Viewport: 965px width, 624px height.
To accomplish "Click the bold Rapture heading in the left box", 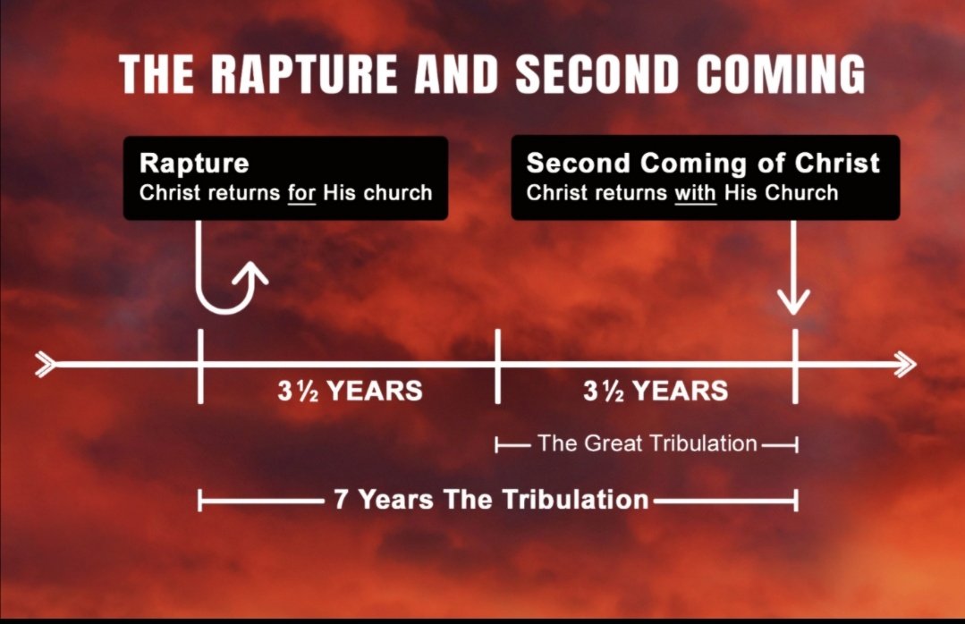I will pyautogui.click(x=194, y=164).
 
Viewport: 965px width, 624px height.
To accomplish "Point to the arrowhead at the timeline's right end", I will pyautogui.click(x=903, y=364).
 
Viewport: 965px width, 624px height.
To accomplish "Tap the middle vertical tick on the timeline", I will pyautogui.click(x=497, y=366).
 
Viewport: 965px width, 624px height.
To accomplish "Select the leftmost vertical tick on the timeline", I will pyautogui.click(x=199, y=366).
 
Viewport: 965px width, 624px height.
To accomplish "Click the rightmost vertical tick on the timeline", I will pyautogui.click(x=794, y=366).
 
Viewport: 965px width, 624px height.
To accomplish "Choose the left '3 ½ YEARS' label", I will pyautogui.click(x=349, y=392).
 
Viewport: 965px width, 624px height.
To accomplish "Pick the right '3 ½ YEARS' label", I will pyautogui.click(x=656, y=392).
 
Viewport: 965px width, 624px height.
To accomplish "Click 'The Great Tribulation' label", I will pyautogui.click(x=647, y=443).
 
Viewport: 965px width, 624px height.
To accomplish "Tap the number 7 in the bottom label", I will pyautogui.click(x=341, y=499).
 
